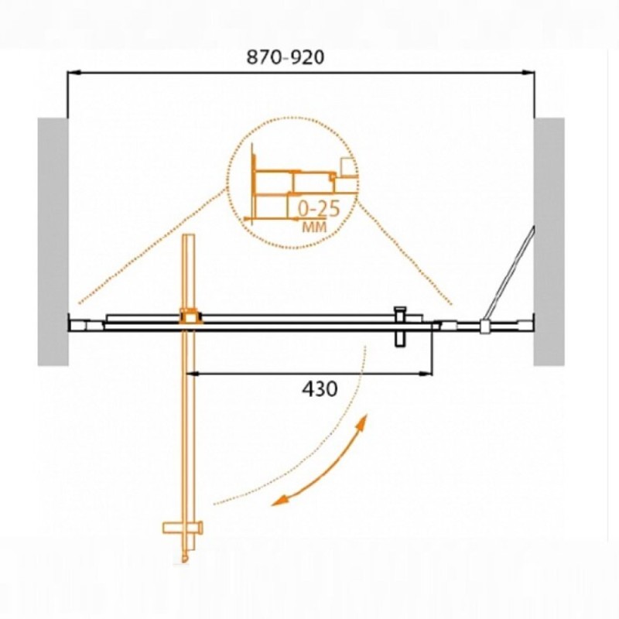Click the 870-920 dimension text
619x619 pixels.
[285, 57]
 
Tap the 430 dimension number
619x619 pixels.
[320, 389]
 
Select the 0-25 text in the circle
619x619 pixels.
[319, 208]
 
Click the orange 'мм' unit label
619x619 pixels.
[314, 227]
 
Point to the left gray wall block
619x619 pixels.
[53, 241]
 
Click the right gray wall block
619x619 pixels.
[549, 241]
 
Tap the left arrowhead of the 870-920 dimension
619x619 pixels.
[74, 73]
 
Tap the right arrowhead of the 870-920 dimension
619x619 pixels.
[528, 73]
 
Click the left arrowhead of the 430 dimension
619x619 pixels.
[193, 373]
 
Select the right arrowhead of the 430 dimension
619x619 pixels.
[426, 373]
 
